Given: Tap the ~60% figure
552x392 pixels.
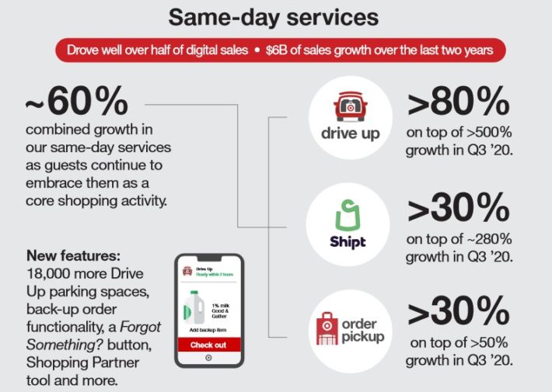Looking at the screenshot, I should pos(76,102).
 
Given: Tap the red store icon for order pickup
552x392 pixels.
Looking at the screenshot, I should pos(327,328).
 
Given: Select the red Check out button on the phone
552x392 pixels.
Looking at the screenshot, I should pos(208,344).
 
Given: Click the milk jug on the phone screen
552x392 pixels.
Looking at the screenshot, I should pos(194,306).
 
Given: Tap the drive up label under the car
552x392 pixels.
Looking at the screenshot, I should pos(350,134).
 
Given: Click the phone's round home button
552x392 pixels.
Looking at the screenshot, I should pos(208,359).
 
